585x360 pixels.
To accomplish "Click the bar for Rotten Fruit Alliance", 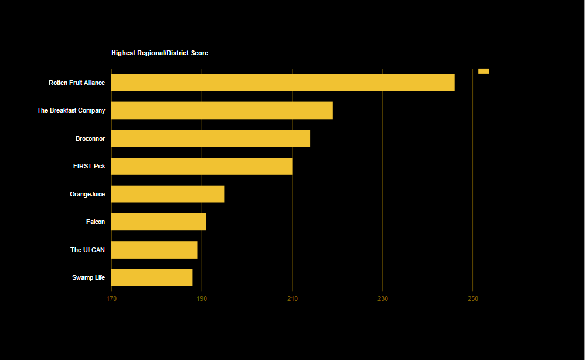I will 283,83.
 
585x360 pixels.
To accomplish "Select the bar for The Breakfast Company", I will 222,110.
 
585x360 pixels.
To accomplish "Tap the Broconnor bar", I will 210,138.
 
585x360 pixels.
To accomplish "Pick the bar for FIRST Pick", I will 202,166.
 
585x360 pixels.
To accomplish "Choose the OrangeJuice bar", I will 168,194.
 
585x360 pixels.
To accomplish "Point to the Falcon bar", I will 158,222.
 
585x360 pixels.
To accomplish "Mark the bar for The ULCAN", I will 154,250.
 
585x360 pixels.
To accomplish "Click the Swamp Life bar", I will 152,277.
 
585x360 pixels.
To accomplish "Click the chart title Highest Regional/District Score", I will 159,53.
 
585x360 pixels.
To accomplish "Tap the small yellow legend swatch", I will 484,71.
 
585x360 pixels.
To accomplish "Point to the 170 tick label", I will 111,299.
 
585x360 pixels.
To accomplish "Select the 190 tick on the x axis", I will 202,299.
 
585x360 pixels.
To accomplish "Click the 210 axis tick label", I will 292,299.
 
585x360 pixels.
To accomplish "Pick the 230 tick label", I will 383,299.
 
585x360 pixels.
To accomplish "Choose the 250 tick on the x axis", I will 473,299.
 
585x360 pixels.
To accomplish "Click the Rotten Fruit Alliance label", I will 77,83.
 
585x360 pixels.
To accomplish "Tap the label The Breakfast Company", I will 71,111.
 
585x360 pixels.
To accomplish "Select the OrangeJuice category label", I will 87,194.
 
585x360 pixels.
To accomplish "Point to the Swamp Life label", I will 89,277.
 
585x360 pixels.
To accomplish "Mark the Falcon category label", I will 96,222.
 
